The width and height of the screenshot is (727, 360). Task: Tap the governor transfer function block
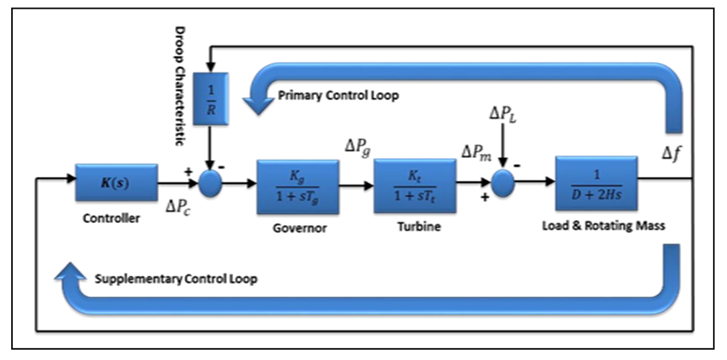coord(298,186)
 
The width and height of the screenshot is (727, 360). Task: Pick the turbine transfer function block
coord(414,186)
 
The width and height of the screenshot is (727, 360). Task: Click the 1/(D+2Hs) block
coord(596,183)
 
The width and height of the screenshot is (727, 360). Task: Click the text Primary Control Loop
coord(338,95)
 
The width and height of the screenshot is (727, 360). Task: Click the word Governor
coord(298,230)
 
